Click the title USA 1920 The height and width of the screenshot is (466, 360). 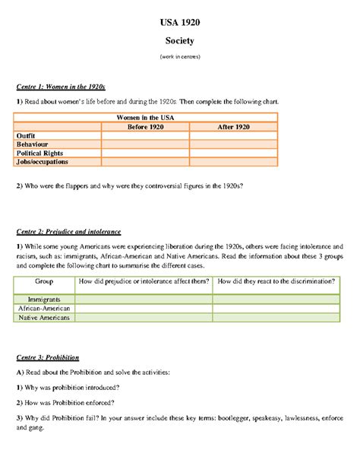[179, 24]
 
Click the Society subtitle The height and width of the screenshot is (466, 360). [179, 43]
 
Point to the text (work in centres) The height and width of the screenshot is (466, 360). [179, 58]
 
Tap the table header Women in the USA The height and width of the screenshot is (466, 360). [146, 117]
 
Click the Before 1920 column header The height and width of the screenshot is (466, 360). [146, 126]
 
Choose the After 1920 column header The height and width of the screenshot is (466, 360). [233, 126]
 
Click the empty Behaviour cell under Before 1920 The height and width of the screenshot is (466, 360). [146, 144]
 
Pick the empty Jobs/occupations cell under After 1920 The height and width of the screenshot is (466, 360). [233, 162]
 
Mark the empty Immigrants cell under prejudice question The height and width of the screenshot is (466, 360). [144, 300]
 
